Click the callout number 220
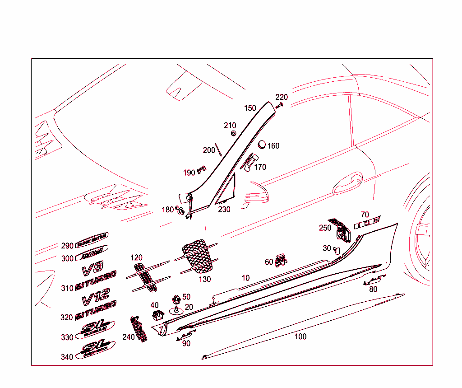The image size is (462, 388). click(282, 97)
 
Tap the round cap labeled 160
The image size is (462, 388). click(261, 144)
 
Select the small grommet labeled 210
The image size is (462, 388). click(234, 133)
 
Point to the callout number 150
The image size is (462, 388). click(250, 108)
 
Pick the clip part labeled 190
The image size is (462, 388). click(201, 170)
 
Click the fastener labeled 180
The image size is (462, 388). click(180, 210)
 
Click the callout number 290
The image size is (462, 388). click(67, 246)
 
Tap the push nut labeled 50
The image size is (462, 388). click(176, 299)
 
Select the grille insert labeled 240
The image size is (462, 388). click(139, 329)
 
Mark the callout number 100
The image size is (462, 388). click(300, 337)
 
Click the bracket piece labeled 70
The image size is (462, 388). click(367, 223)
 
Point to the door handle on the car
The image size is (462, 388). click(347, 183)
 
